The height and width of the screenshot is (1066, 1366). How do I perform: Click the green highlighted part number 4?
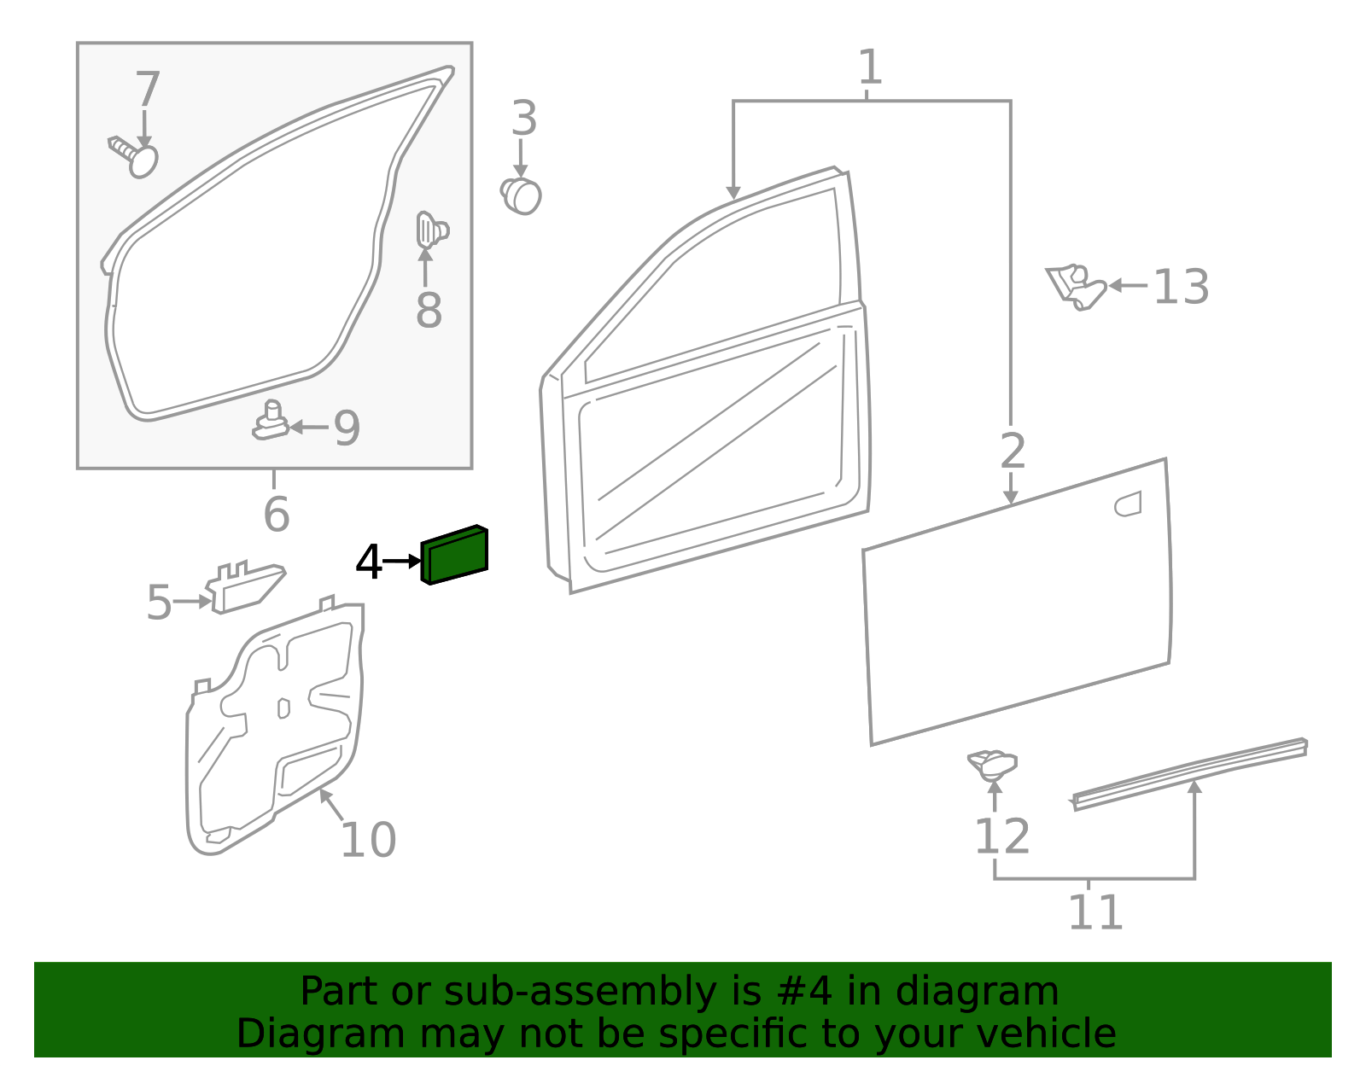[455, 556]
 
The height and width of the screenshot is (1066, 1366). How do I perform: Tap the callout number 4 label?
[369, 562]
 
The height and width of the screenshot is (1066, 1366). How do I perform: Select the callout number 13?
[1181, 287]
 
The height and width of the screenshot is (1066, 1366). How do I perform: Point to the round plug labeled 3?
[521, 196]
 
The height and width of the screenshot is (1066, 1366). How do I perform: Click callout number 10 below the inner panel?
[368, 840]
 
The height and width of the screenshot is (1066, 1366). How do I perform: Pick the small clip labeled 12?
[992, 764]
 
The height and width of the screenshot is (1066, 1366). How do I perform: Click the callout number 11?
[1095, 912]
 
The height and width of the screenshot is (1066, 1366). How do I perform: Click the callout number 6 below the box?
[276, 514]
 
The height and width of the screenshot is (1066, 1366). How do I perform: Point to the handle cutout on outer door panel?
[1128, 504]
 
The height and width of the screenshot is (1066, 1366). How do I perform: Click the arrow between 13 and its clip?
[1127, 286]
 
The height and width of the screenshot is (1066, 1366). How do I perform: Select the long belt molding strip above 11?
[1191, 772]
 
